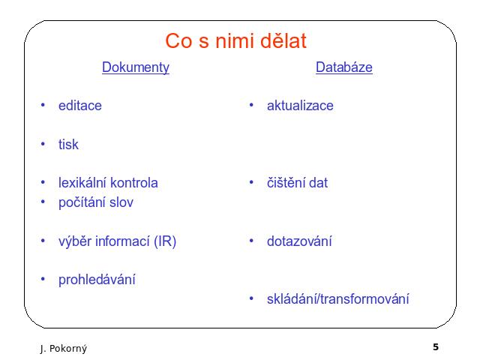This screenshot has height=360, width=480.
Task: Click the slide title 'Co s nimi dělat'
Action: click(235, 40)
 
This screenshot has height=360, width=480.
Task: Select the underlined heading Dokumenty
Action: click(136, 67)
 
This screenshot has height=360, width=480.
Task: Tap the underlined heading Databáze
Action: click(344, 67)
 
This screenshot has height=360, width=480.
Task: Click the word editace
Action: click(80, 106)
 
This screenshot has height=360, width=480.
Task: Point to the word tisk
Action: click(68, 144)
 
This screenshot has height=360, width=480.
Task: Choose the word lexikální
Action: click(82, 183)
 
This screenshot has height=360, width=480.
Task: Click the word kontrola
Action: click(134, 183)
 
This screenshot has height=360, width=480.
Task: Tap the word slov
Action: click(121, 202)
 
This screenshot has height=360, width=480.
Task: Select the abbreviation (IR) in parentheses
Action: click(165, 241)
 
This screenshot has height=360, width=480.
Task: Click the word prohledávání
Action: click(97, 280)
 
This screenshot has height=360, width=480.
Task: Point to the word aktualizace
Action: click(300, 106)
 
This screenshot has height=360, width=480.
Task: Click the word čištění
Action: click(286, 183)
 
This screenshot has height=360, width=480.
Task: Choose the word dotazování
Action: click(299, 241)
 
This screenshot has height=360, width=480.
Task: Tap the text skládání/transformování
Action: click(338, 299)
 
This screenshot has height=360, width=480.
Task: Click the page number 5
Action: click(436, 346)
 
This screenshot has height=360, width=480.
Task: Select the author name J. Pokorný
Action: click(63, 348)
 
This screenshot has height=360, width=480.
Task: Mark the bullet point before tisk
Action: click(43, 144)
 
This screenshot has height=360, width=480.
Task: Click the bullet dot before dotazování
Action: click(251, 241)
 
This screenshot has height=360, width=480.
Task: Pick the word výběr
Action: click(75, 241)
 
